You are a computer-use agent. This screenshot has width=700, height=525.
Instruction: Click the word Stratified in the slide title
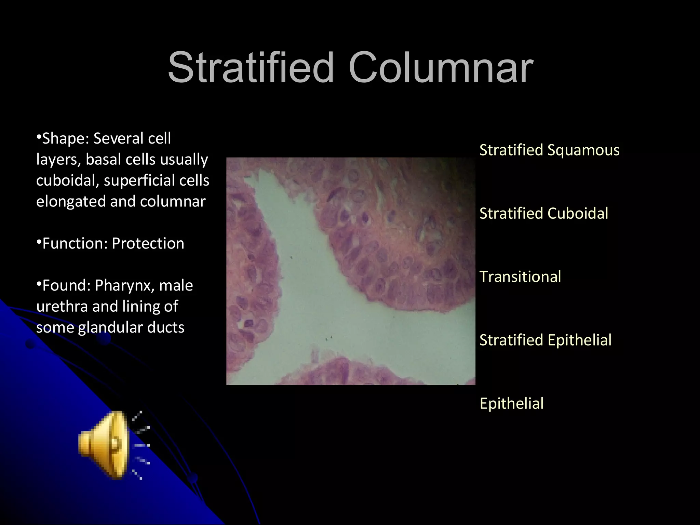tap(251, 67)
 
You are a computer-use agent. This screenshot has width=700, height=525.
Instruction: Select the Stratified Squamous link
tap(549, 150)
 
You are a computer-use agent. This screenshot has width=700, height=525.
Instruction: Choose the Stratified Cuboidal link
tap(543, 213)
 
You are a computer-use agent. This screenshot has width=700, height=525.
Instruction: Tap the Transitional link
tap(520, 277)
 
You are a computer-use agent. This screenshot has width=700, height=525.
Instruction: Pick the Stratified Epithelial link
tap(545, 340)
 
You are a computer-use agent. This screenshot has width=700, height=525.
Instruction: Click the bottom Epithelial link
tap(511, 403)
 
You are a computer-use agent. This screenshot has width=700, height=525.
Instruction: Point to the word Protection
tap(148, 243)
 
